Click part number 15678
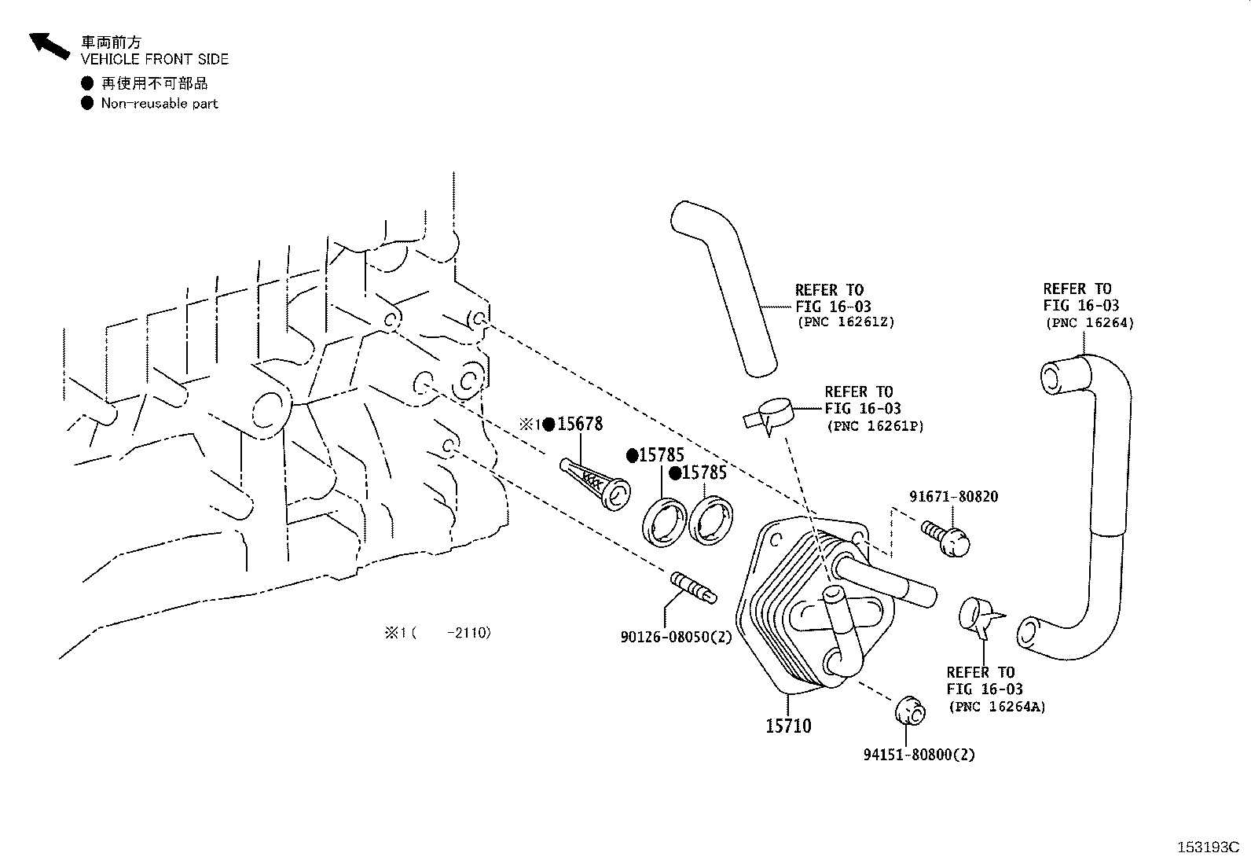click(580, 425)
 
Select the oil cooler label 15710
click(788, 726)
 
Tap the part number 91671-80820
click(953, 497)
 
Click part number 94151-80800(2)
click(919, 755)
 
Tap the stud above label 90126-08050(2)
click(692, 586)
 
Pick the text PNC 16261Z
click(846, 322)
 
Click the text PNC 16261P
click(875, 426)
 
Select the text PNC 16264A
click(996, 706)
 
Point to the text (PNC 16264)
click(1088, 322)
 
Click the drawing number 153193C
click(1206, 847)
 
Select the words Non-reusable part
click(159, 104)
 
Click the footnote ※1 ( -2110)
click(437, 633)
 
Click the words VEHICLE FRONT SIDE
click(155, 60)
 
